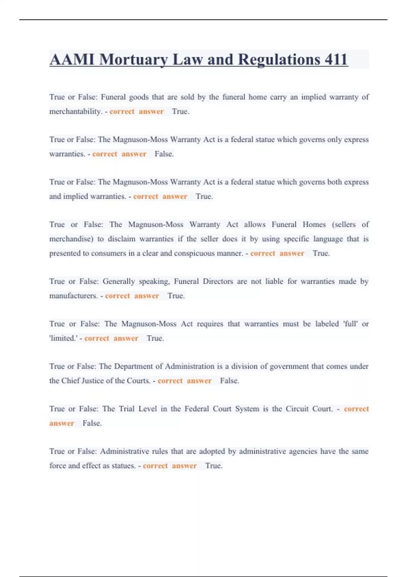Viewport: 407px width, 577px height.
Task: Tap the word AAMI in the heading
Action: click(72, 59)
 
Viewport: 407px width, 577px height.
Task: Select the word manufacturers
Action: click(73, 296)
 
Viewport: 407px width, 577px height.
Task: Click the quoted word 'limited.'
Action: click(63, 338)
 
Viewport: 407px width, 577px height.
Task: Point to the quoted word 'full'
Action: click(350, 324)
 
